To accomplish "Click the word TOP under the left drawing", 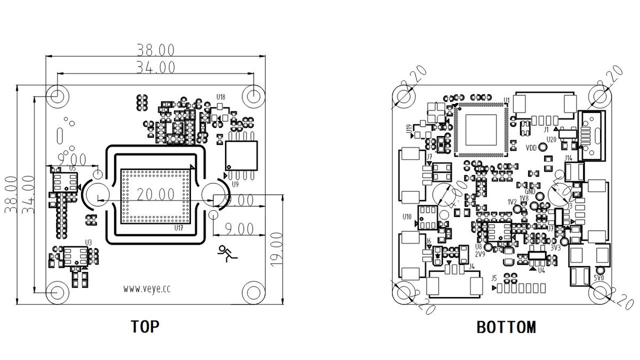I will coord(145,326).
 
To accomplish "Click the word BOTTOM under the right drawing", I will coord(506,326).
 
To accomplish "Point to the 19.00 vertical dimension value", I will coord(276,250).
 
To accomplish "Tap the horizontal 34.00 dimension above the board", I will coord(155,67).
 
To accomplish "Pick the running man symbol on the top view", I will coord(226,253).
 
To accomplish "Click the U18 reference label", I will coord(220,97).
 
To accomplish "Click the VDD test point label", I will coord(531,148).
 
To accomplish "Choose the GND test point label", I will coord(530,191).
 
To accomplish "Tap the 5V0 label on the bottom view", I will coord(599,278).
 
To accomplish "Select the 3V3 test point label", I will coord(556,247).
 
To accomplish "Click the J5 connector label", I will coord(494,278).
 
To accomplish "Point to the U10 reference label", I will coord(407,217).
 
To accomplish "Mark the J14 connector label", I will coord(568,158).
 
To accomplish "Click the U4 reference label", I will coord(542,270).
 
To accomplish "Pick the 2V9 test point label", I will coord(479,254).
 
